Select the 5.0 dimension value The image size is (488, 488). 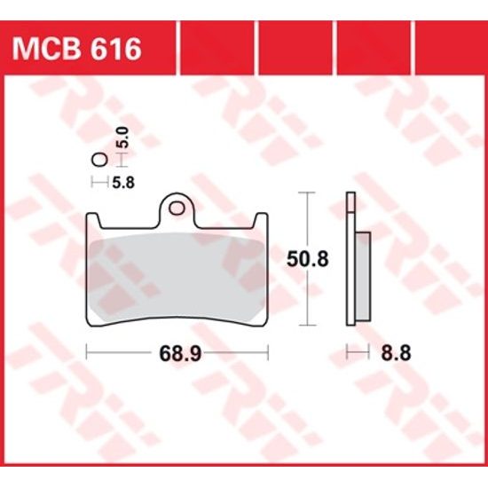point(124,138)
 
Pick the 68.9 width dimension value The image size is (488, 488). point(177,353)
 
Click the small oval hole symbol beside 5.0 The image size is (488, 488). point(99,161)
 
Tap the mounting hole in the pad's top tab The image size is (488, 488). point(177,209)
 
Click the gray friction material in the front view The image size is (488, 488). point(177,271)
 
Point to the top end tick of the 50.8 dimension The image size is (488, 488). point(307,193)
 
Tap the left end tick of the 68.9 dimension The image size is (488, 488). point(86,353)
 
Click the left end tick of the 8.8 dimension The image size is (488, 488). point(347,353)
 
